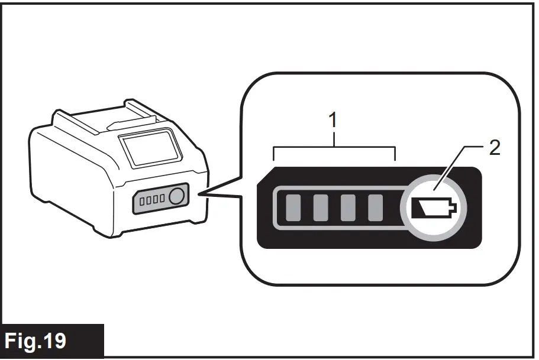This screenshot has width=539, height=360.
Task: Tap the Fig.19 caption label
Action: coord(52,341)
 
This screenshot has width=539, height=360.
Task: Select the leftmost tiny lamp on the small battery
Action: coord(142,201)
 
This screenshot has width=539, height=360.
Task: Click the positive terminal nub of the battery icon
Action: coord(454,208)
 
